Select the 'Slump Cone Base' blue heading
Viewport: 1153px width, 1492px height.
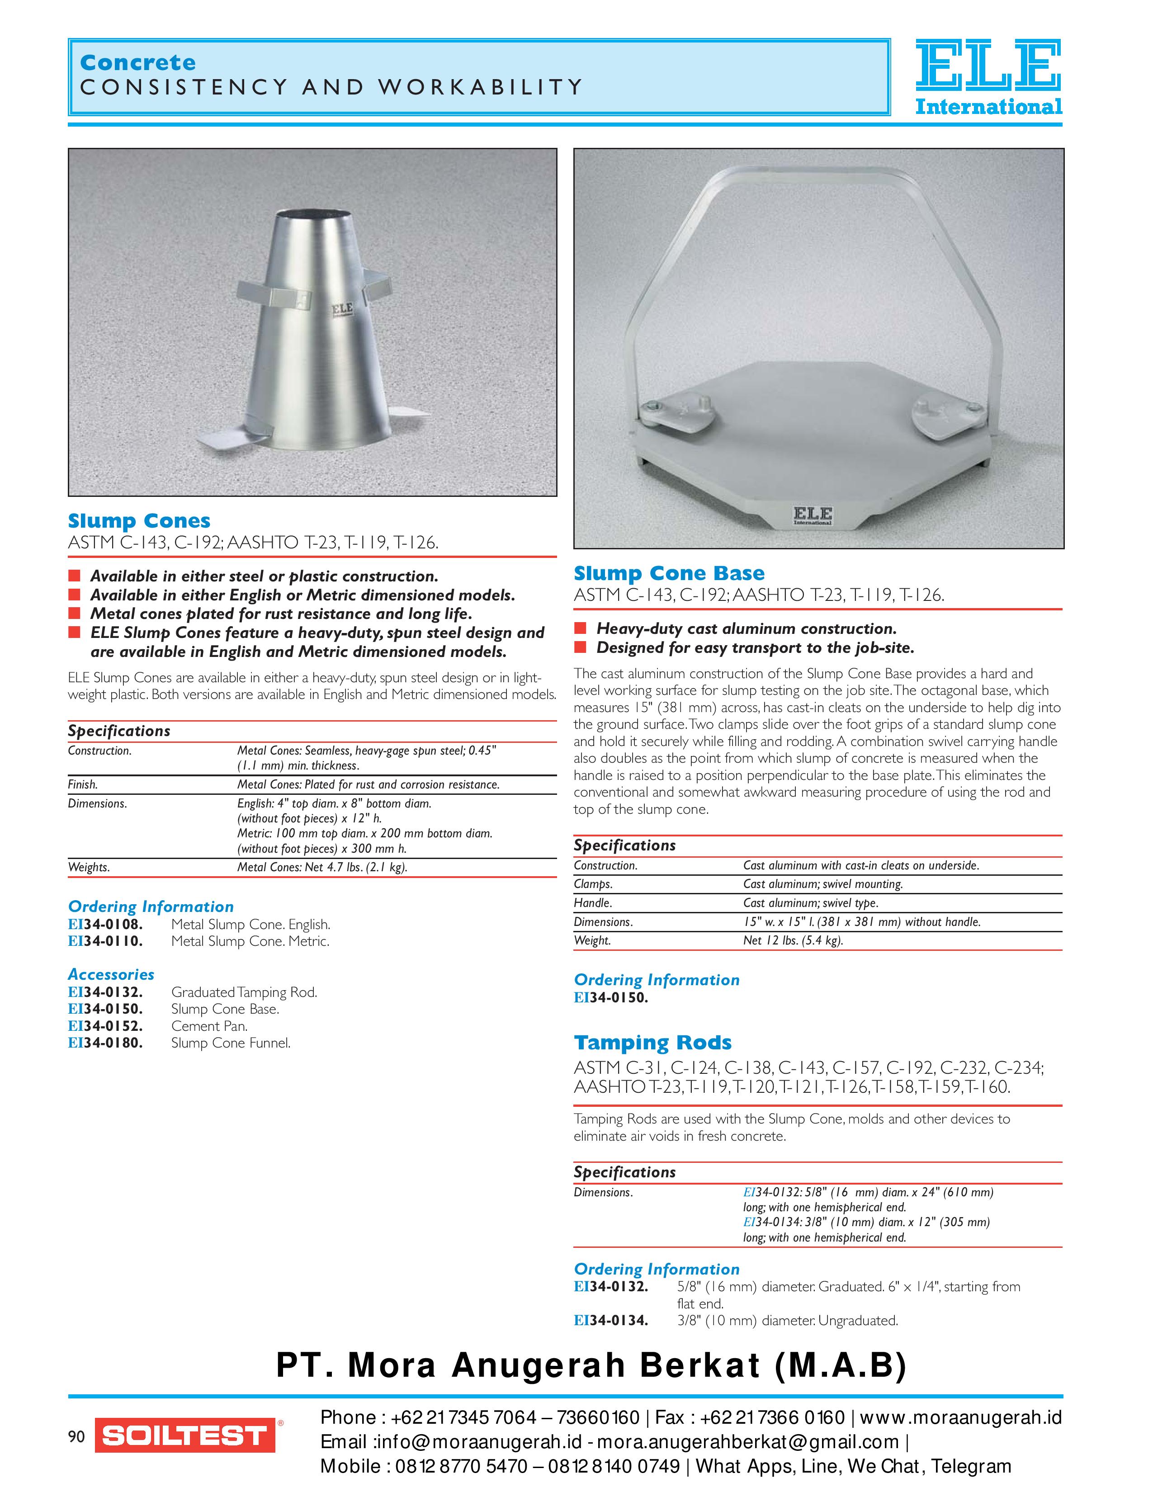(x=669, y=573)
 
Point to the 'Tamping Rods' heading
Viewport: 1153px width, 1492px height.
(x=652, y=1043)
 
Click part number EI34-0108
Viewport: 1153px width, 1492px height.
(x=105, y=924)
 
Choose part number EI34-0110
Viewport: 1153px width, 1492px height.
(x=105, y=941)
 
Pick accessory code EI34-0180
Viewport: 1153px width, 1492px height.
(x=105, y=1043)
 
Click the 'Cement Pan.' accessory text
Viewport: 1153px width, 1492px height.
(x=209, y=1026)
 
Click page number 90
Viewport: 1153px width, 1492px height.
(x=76, y=1437)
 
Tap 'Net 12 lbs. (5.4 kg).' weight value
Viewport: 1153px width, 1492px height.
(x=792, y=941)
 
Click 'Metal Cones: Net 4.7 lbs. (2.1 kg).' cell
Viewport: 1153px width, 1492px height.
(x=322, y=868)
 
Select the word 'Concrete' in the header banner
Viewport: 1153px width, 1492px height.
(x=138, y=63)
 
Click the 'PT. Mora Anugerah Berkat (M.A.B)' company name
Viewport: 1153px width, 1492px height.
(x=591, y=1365)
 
